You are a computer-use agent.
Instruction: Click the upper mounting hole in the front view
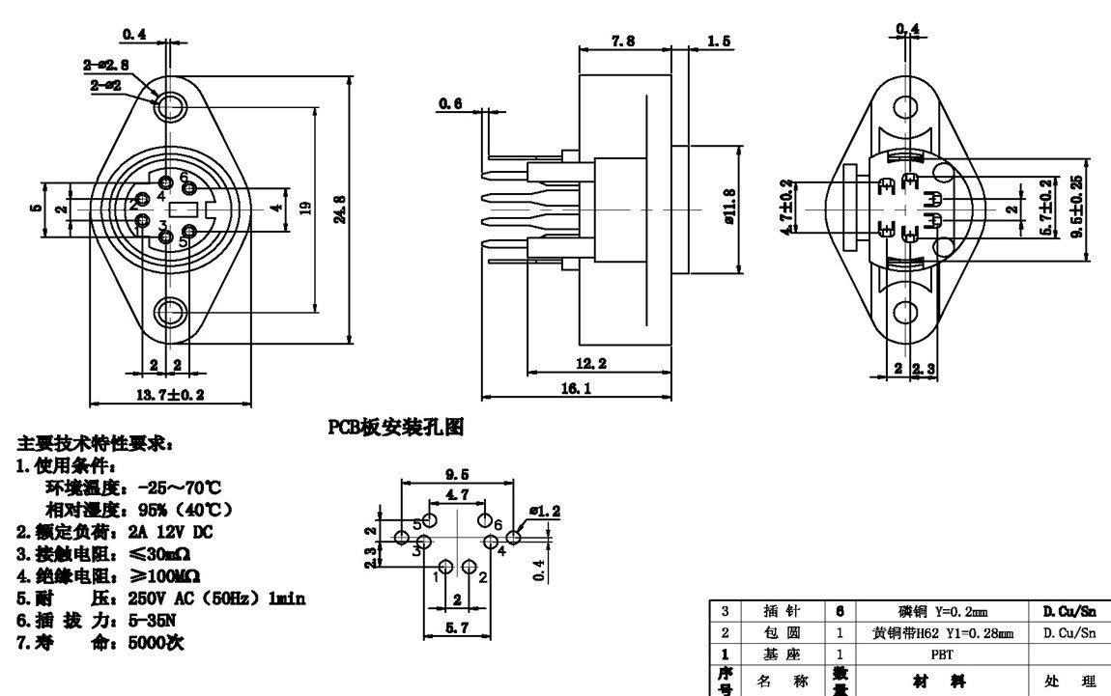click(172, 105)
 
